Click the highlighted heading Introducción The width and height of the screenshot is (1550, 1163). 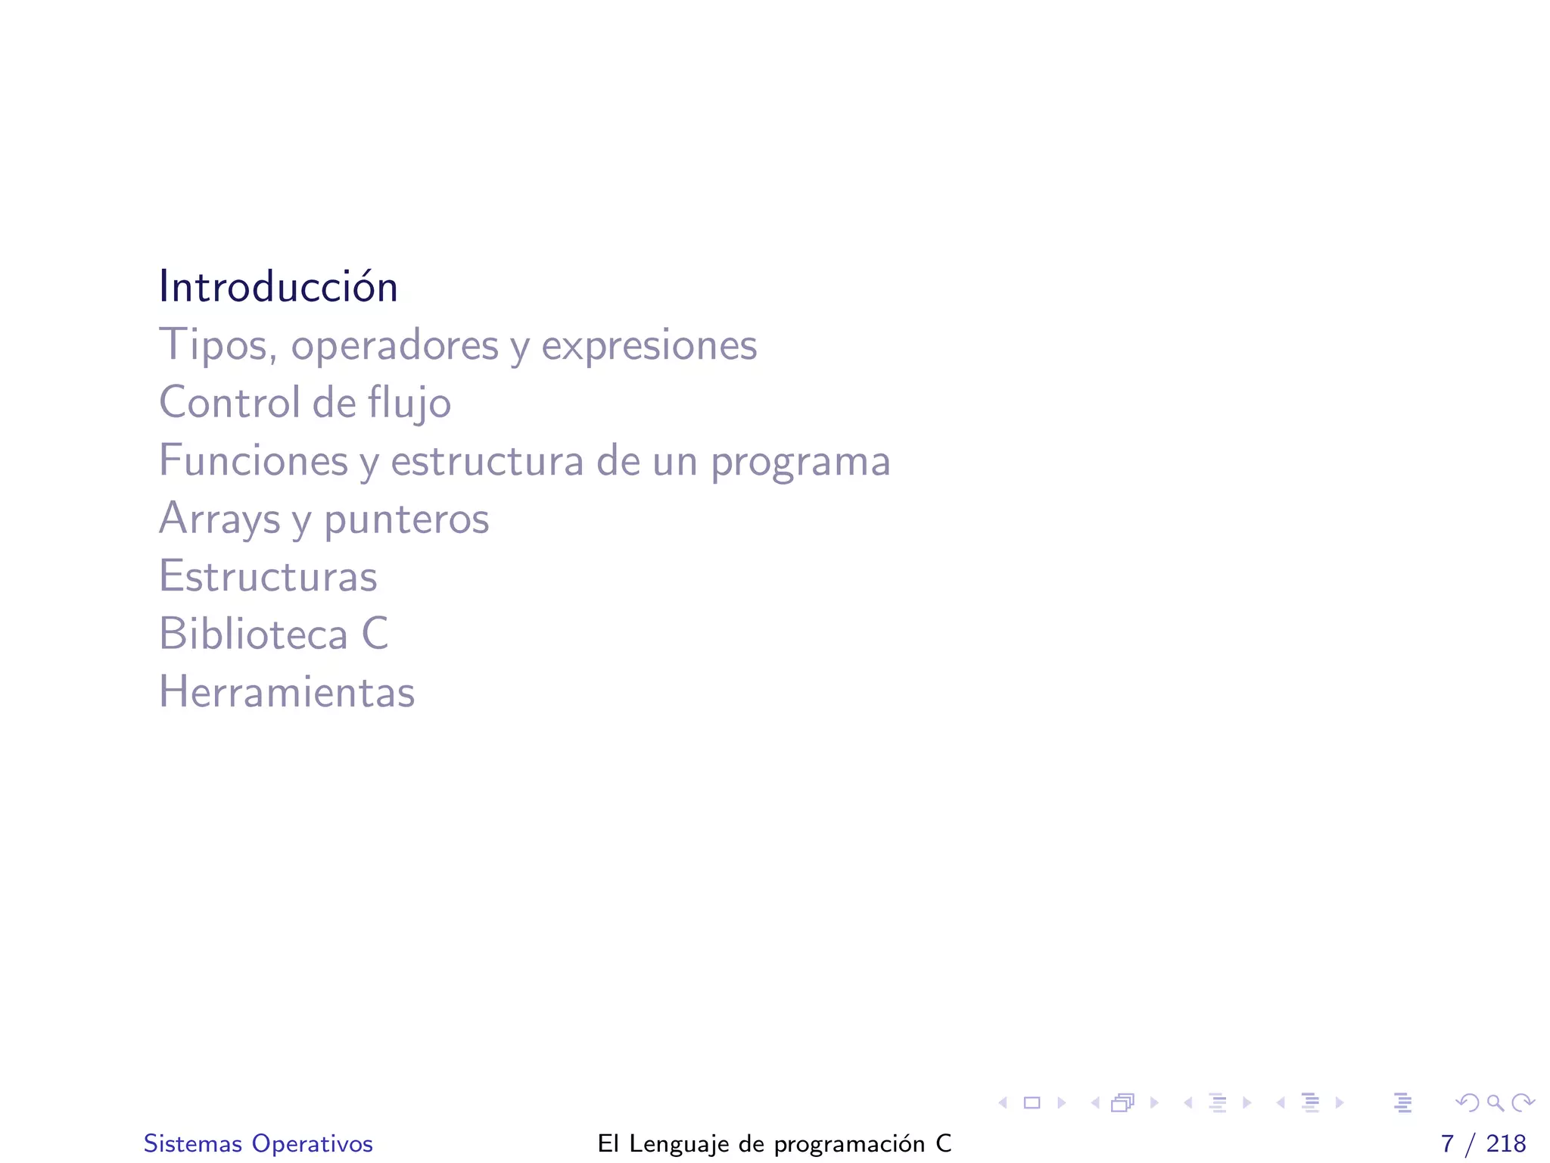[278, 287]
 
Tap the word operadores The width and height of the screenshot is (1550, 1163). [394, 345]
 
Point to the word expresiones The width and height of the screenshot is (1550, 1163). [649, 345]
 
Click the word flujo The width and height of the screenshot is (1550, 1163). [409, 403]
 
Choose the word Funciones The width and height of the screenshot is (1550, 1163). [253, 460]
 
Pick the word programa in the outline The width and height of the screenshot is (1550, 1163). [800, 462]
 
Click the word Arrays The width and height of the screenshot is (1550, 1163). [219, 519]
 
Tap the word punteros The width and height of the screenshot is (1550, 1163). [406, 519]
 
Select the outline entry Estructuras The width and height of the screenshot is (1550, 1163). [268, 576]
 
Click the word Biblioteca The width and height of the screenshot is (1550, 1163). [253, 634]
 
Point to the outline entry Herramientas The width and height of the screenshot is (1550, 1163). [287, 691]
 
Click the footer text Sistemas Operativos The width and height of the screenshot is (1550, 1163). [258, 1143]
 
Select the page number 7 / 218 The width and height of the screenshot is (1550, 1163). [1483, 1143]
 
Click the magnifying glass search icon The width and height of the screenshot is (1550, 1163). [1495, 1103]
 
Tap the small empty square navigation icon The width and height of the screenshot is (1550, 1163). [1032, 1103]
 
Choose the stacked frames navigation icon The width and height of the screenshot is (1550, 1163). [1122, 1103]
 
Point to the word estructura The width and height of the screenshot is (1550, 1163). [487, 460]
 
